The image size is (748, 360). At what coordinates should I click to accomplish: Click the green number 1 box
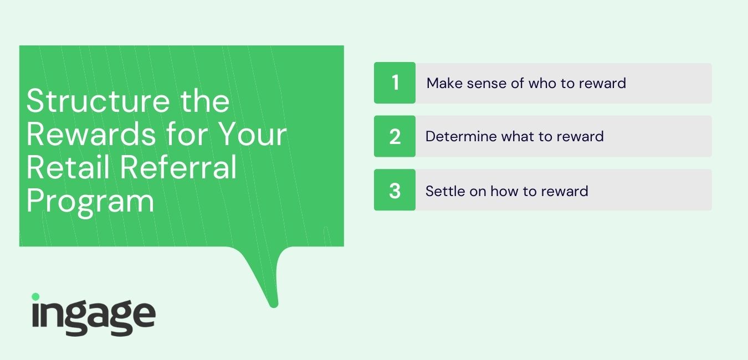click(395, 83)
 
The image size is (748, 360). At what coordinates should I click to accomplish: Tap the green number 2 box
click(395, 136)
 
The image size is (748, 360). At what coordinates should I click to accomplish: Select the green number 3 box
click(395, 190)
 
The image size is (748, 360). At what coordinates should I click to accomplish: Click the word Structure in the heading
click(98, 101)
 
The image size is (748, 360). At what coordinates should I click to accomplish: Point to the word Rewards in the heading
click(91, 134)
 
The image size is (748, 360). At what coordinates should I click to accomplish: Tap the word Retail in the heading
click(68, 167)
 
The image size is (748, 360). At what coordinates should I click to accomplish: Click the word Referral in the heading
click(178, 167)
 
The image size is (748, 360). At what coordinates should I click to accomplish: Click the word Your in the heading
click(253, 134)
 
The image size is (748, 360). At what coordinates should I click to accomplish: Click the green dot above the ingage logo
click(35, 297)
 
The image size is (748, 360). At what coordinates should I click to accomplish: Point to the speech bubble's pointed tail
click(274, 305)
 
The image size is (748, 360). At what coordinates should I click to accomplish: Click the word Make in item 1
click(443, 83)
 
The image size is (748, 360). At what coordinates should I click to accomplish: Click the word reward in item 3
click(565, 191)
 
